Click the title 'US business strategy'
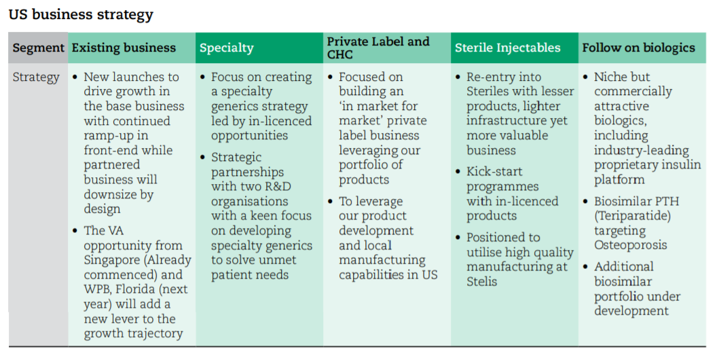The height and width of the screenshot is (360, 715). coord(81,14)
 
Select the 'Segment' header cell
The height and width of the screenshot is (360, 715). coord(38,48)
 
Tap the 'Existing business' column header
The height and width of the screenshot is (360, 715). coord(124,48)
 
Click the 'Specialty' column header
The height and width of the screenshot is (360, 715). coord(226,48)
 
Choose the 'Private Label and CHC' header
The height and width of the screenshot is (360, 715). coord(378,48)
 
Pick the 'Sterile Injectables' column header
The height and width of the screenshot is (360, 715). coord(507,48)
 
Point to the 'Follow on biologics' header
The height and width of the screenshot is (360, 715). coord(638,48)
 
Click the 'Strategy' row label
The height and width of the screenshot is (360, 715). coord(36,77)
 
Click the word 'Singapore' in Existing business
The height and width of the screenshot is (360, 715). coord(113,260)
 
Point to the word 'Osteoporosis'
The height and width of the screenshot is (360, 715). coord(631,245)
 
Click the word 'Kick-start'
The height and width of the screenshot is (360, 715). coord(494,172)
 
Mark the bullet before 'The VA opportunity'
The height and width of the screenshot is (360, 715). coord(75,231)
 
